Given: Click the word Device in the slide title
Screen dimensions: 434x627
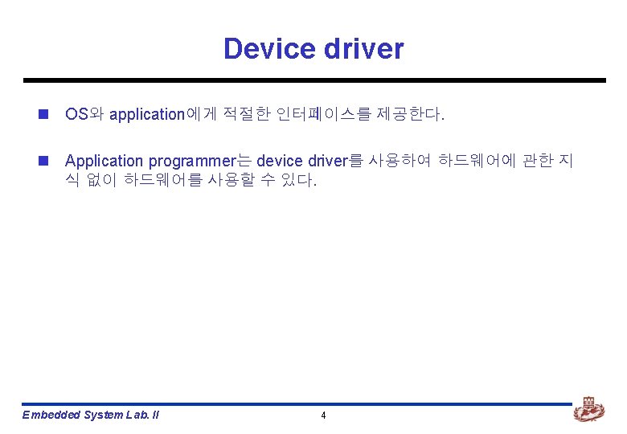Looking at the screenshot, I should pos(269,48).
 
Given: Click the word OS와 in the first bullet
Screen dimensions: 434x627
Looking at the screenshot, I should pos(84,114).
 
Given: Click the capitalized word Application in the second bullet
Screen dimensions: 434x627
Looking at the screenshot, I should pos(104,162).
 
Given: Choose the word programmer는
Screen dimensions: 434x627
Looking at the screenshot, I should pos(199,162).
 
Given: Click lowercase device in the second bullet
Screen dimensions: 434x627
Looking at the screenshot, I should pos(280,162).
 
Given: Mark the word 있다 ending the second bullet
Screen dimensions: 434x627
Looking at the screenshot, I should pos(301,181).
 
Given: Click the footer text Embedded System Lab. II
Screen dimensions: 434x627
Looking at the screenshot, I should pos(91,415).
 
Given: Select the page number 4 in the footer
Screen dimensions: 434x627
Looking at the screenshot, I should pos(323,416).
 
